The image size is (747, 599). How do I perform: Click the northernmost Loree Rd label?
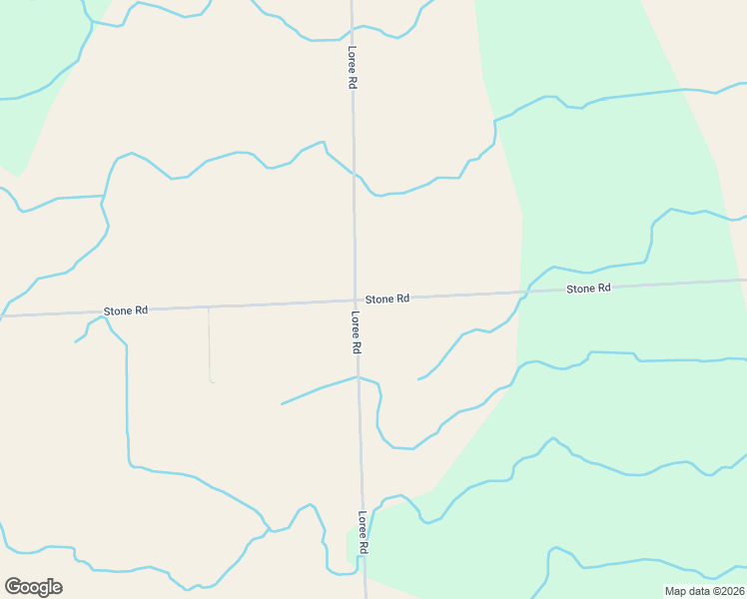[353, 69]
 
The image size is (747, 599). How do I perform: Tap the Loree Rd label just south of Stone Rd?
[356, 333]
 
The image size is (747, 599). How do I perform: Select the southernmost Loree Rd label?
[364, 533]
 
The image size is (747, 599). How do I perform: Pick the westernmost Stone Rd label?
[127, 310]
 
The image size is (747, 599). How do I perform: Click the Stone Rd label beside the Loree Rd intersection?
[387, 299]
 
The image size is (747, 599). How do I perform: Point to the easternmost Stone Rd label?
[588, 289]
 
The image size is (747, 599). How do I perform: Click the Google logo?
[33, 586]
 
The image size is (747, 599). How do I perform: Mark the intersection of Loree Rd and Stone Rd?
[355, 300]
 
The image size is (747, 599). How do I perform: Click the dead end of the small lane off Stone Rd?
[212, 381]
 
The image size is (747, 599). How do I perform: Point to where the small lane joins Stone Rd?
[208, 307]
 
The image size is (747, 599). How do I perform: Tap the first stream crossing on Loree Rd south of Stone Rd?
[358, 377]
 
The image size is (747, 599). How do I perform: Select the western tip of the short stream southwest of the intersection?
[282, 404]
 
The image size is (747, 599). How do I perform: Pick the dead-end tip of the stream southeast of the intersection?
[418, 379]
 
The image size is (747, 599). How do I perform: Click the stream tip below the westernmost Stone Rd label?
[75, 342]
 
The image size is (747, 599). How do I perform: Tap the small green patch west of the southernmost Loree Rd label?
[351, 546]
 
